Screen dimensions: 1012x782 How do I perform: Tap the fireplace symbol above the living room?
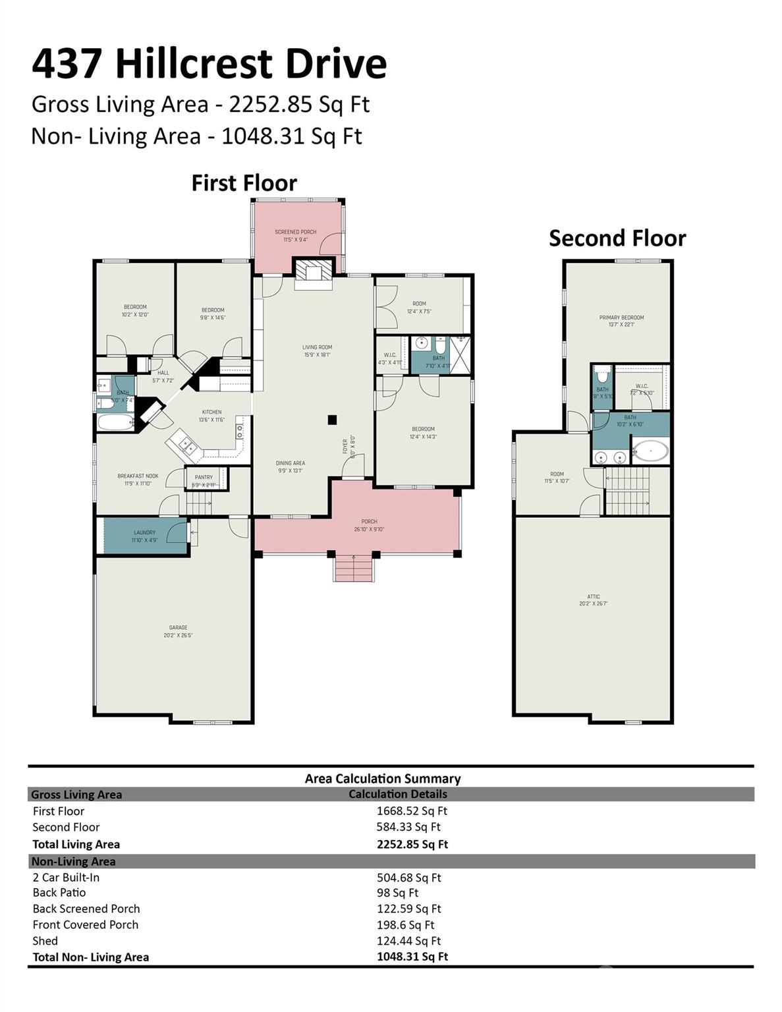click(x=314, y=272)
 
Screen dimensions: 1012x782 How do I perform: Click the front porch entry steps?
click(x=354, y=568)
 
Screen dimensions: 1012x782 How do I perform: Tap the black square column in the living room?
click(x=333, y=419)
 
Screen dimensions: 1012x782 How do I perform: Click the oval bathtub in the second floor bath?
click(x=651, y=451)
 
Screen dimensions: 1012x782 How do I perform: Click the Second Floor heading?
click(x=617, y=238)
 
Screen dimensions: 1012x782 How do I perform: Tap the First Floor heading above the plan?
click(x=244, y=183)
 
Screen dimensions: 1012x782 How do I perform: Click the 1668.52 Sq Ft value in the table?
click(x=411, y=811)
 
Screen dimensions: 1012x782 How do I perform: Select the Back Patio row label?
click(x=59, y=893)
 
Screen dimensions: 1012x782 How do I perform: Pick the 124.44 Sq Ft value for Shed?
click(x=408, y=941)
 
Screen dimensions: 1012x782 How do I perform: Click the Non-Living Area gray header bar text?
click(x=73, y=861)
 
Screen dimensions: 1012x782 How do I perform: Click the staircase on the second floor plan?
click(x=627, y=491)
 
